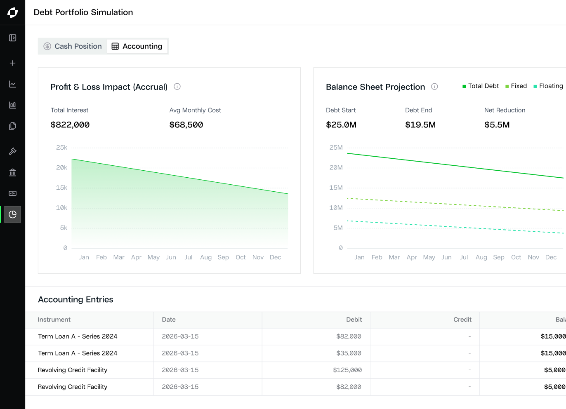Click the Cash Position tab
[x=73, y=46]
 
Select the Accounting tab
[x=137, y=46]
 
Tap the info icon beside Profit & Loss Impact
[x=177, y=87]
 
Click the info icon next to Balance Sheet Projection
[x=434, y=87]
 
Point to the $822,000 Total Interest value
[x=70, y=125]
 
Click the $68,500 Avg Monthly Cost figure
[x=186, y=125]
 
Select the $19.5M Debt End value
[x=420, y=125]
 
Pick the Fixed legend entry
[x=516, y=86]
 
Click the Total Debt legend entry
[x=481, y=86]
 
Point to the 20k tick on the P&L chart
[x=61, y=168]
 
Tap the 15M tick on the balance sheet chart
[x=336, y=188]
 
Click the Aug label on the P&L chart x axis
[x=206, y=257]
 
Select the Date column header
[x=169, y=320]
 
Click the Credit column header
[x=462, y=320]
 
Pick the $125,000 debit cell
[x=347, y=370]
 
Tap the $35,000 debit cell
[x=349, y=353]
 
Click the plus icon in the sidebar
[x=13, y=63]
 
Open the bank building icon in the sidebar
[x=13, y=172]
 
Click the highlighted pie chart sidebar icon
[x=13, y=214]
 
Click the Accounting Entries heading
[x=75, y=299]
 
